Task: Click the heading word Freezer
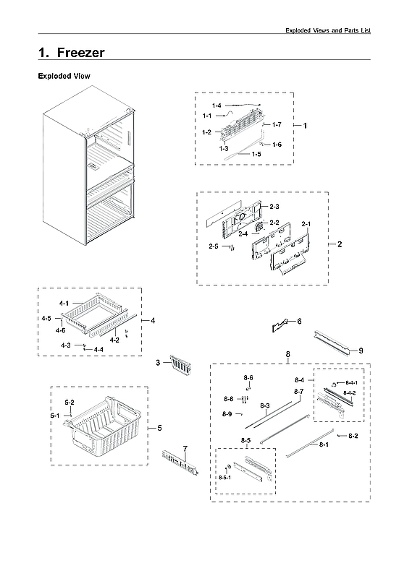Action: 79,53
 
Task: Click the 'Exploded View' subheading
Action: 64,76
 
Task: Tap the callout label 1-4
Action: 217,107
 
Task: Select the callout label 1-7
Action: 276,126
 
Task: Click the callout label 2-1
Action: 305,223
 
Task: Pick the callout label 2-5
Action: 213,247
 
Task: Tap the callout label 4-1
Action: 64,303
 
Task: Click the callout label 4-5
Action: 46,319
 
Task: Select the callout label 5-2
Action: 70,402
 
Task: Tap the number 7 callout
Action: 185,449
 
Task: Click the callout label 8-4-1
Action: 350,382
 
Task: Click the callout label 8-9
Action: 227,414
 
